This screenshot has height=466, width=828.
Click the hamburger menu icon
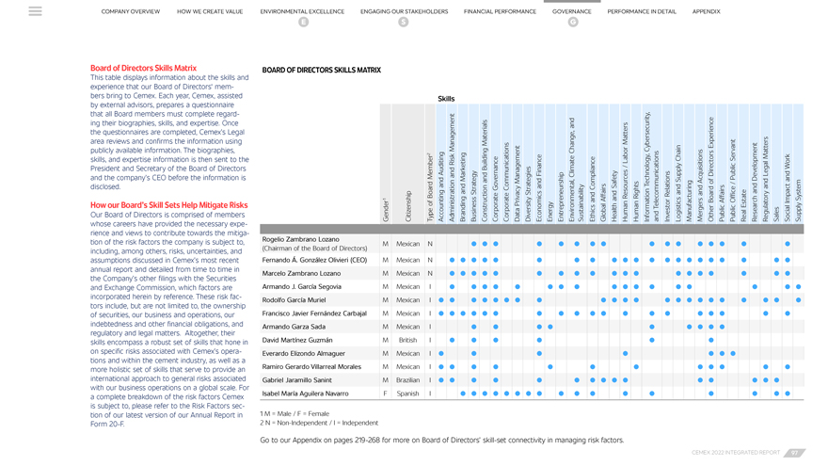[35, 11]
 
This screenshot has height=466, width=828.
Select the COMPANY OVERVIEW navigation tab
[131, 12]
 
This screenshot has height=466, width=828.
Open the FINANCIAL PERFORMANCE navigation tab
[500, 12]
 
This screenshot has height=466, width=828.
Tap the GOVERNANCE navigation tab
[571, 12]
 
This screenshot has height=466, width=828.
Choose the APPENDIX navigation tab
[706, 12]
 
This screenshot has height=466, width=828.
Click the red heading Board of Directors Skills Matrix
[143, 68]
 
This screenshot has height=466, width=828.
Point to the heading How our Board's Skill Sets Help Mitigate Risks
[168, 205]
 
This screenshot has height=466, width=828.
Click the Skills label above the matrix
[446, 99]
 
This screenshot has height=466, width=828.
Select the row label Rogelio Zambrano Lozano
[300, 239]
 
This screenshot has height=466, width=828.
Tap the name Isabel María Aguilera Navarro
[305, 394]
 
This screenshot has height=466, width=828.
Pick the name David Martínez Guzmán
[297, 340]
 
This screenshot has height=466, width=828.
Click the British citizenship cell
[407, 340]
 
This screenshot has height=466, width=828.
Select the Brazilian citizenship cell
[407, 380]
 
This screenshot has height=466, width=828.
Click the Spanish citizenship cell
[407, 394]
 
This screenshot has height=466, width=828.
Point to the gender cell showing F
[385, 394]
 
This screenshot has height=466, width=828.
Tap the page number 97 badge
[795, 453]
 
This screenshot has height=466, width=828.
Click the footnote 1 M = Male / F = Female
[295, 413]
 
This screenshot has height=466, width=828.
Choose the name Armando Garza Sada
[294, 327]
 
